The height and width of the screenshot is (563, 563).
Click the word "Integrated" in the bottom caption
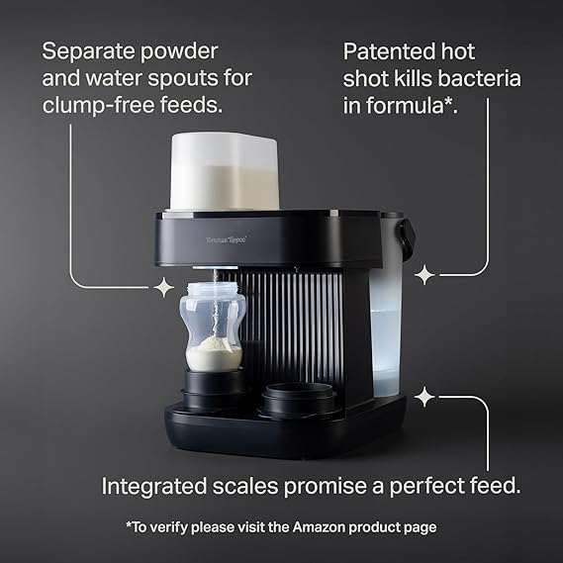pyautogui.click(x=154, y=487)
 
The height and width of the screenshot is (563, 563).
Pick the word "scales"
pyautogui.click(x=245, y=486)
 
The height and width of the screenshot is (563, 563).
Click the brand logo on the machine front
pyautogui.click(x=227, y=239)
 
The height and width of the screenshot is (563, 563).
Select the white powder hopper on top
pyautogui.click(x=225, y=171)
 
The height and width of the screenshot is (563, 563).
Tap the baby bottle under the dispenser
pyautogui.click(x=213, y=327)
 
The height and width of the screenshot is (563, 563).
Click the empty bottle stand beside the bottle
pyautogui.click(x=300, y=401)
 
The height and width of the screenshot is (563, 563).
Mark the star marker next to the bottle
pyautogui.click(x=163, y=287)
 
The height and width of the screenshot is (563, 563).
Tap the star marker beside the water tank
pyautogui.click(x=424, y=275)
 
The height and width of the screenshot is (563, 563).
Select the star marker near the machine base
pyautogui.click(x=424, y=397)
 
